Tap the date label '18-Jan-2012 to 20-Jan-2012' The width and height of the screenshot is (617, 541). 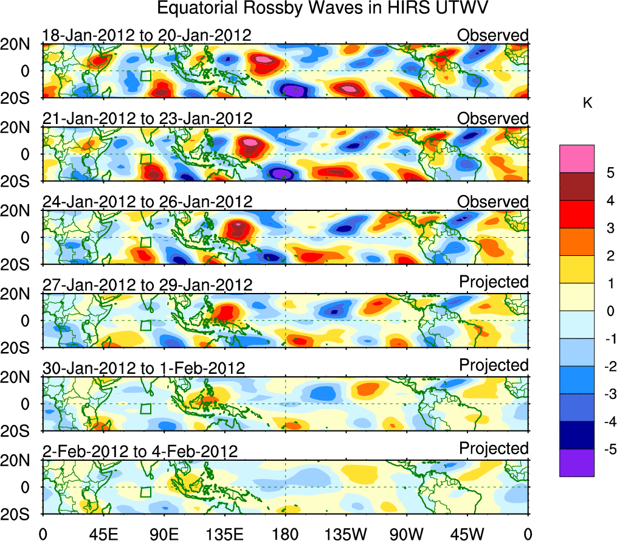coord(146,35)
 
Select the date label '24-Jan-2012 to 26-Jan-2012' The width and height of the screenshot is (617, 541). coord(146,202)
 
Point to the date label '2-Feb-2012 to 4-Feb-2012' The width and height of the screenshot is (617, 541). coord(140,451)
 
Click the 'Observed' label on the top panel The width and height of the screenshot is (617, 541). coord(492,35)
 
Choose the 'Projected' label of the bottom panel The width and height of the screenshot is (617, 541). coord(493,449)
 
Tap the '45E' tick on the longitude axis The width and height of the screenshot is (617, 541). coord(103,533)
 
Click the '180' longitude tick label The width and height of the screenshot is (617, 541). coord(285,533)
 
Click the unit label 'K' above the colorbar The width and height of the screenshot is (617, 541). coord(587,104)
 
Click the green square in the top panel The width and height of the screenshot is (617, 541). coord(145,76)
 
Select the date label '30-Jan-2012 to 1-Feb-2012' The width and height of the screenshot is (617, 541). coord(143,368)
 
